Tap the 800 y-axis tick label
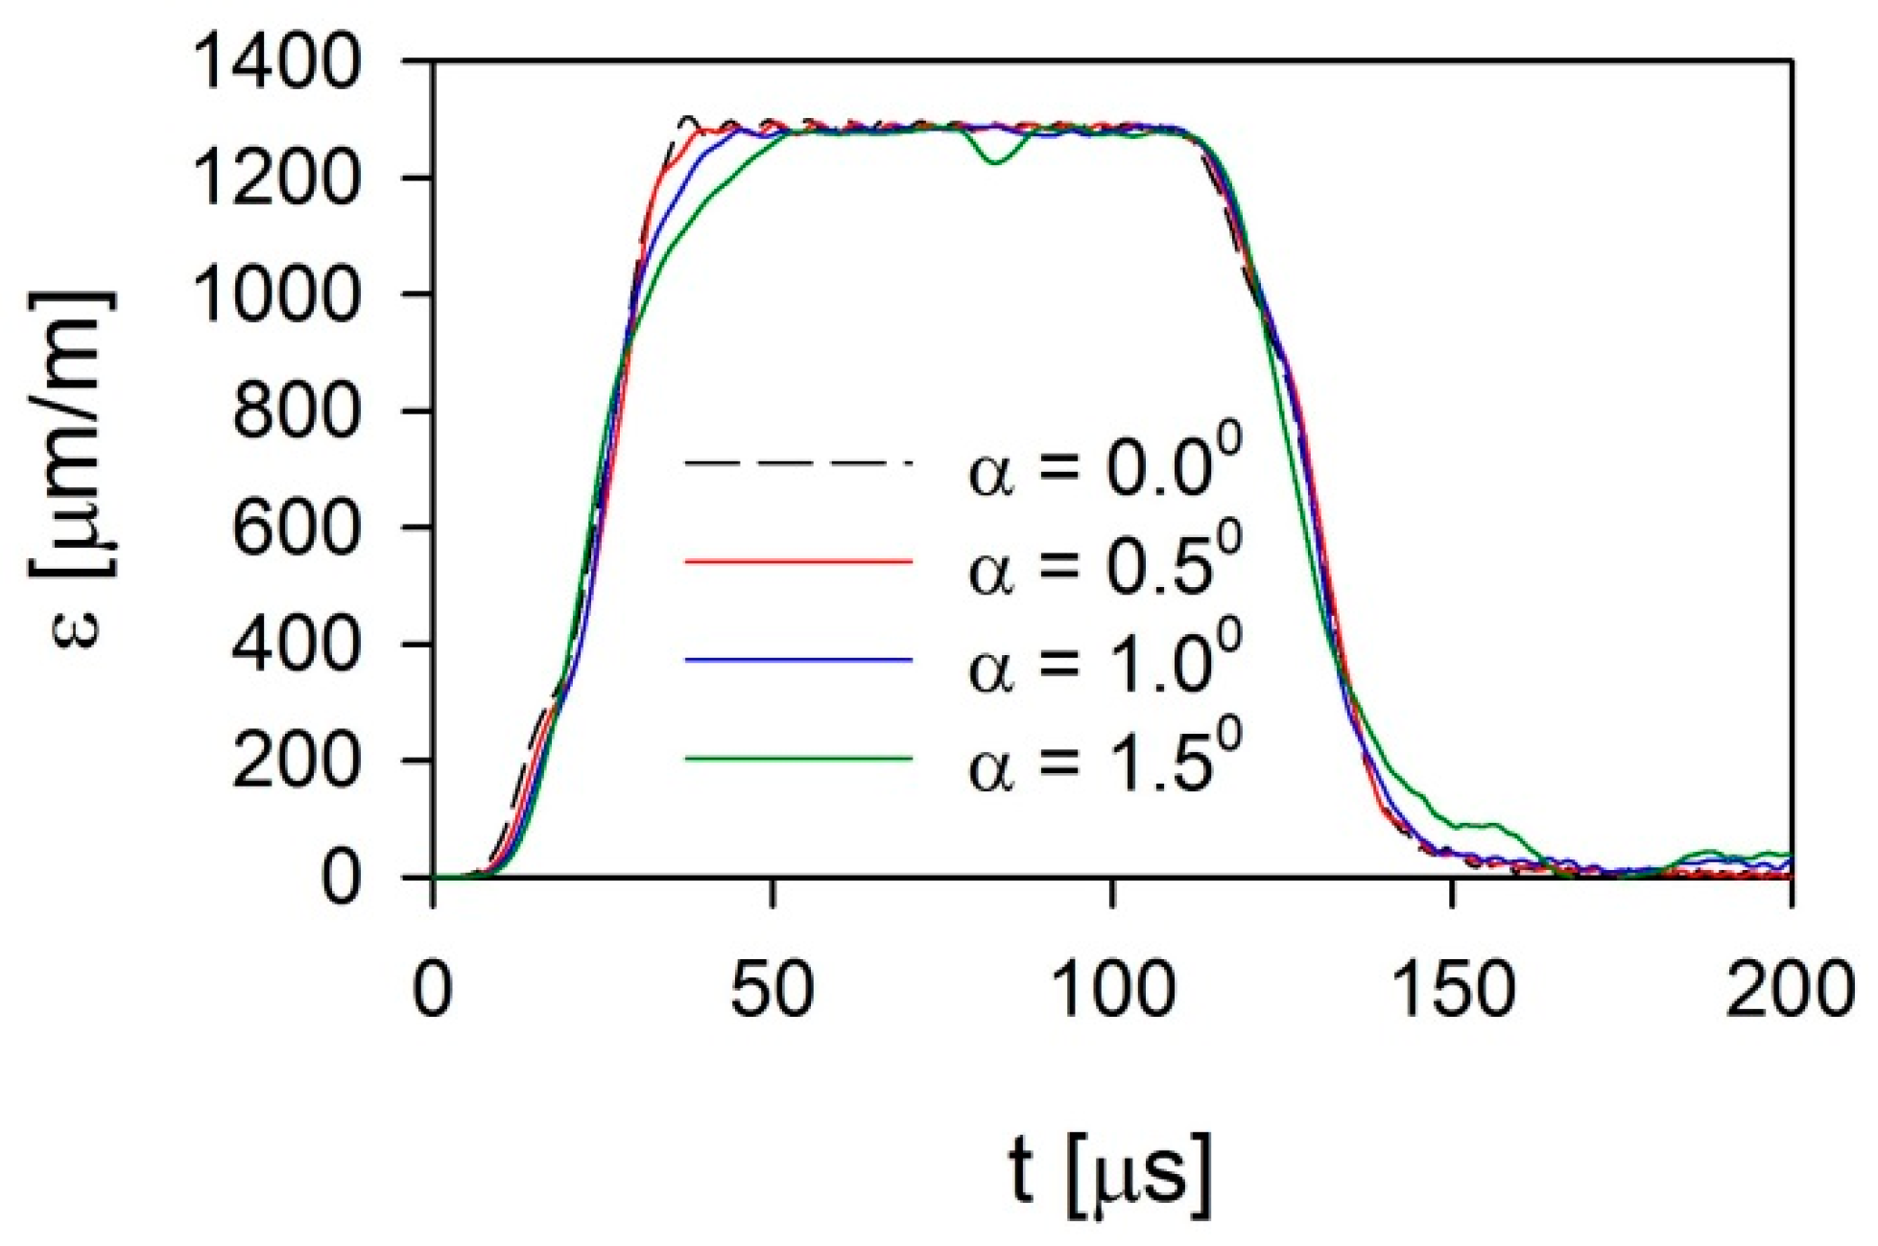pyautogui.click(x=297, y=411)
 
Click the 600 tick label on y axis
pyautogui.click(x=297, y=528)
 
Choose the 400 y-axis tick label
pyautogui.click(x=297, y=644)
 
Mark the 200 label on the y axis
pyautogui.click(x=297, y=761)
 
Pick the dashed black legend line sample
pyautogui.click(x=797, y=464)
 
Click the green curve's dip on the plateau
pyautogui.click(x=995, y=161)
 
